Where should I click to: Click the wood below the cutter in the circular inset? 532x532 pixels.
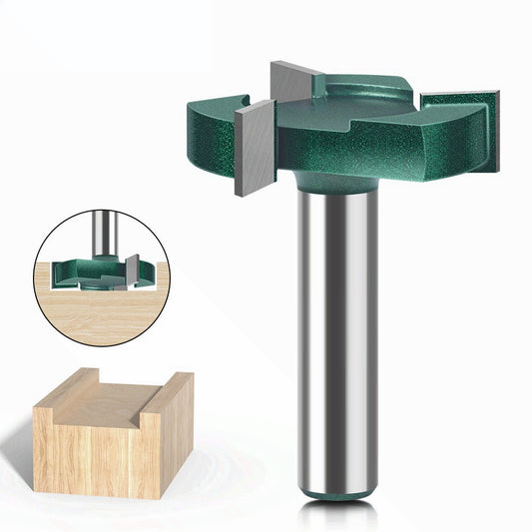[80, 314]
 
